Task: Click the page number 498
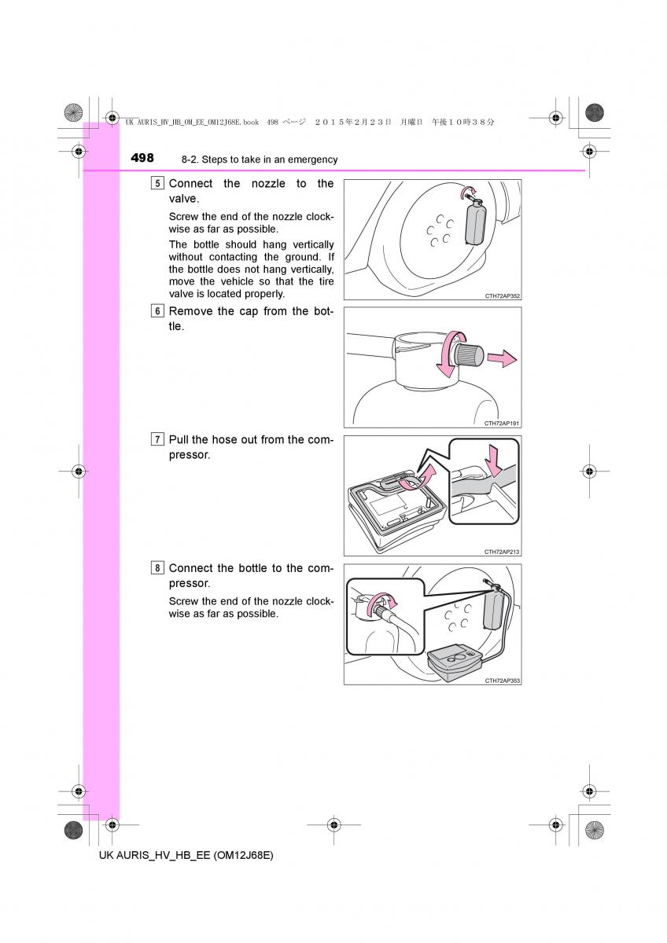click(142, 158)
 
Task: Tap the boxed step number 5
click(158, 184)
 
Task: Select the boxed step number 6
click(158, 311)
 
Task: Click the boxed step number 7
click(158, 440)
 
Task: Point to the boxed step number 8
click(158, 568)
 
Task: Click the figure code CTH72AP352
click(503, 296)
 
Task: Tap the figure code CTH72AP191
click(503, 424)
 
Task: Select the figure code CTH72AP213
click(503, 552)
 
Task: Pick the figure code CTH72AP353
click(503, 680)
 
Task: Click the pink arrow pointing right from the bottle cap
click(500, 359)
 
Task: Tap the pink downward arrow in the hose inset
click(494, 460)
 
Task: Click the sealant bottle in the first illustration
click(477, 222)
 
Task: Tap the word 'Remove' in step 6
click(191, 311)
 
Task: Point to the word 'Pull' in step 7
click(179, 440)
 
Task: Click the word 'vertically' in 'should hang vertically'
click(308, 244)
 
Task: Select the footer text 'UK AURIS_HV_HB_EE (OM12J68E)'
click(186, 855)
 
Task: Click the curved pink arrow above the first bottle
click(469, 190)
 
